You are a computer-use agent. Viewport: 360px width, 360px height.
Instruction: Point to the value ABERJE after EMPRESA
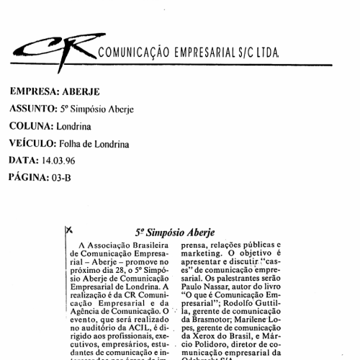pos(83,92)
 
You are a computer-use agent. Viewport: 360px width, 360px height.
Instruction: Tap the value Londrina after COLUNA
pos(74,126)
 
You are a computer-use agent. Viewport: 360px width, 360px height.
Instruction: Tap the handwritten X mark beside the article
pos(69,230)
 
